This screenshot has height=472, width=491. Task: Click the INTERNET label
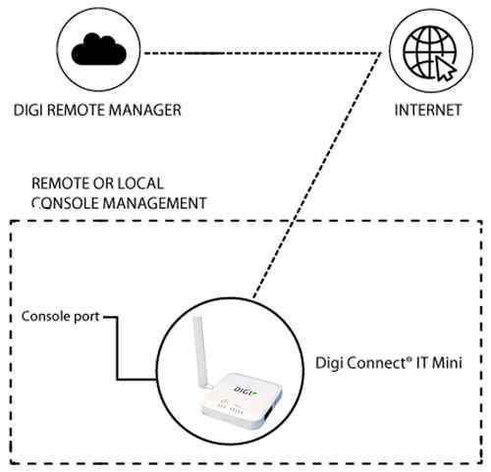[428, 110]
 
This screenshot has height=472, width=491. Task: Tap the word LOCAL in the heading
[142, 184]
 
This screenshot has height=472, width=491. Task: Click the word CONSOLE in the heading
[62, 203]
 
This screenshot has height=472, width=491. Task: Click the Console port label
[60, 318]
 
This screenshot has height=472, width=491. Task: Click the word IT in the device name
[419, 360]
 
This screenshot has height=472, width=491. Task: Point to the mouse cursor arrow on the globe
[444, 66]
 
